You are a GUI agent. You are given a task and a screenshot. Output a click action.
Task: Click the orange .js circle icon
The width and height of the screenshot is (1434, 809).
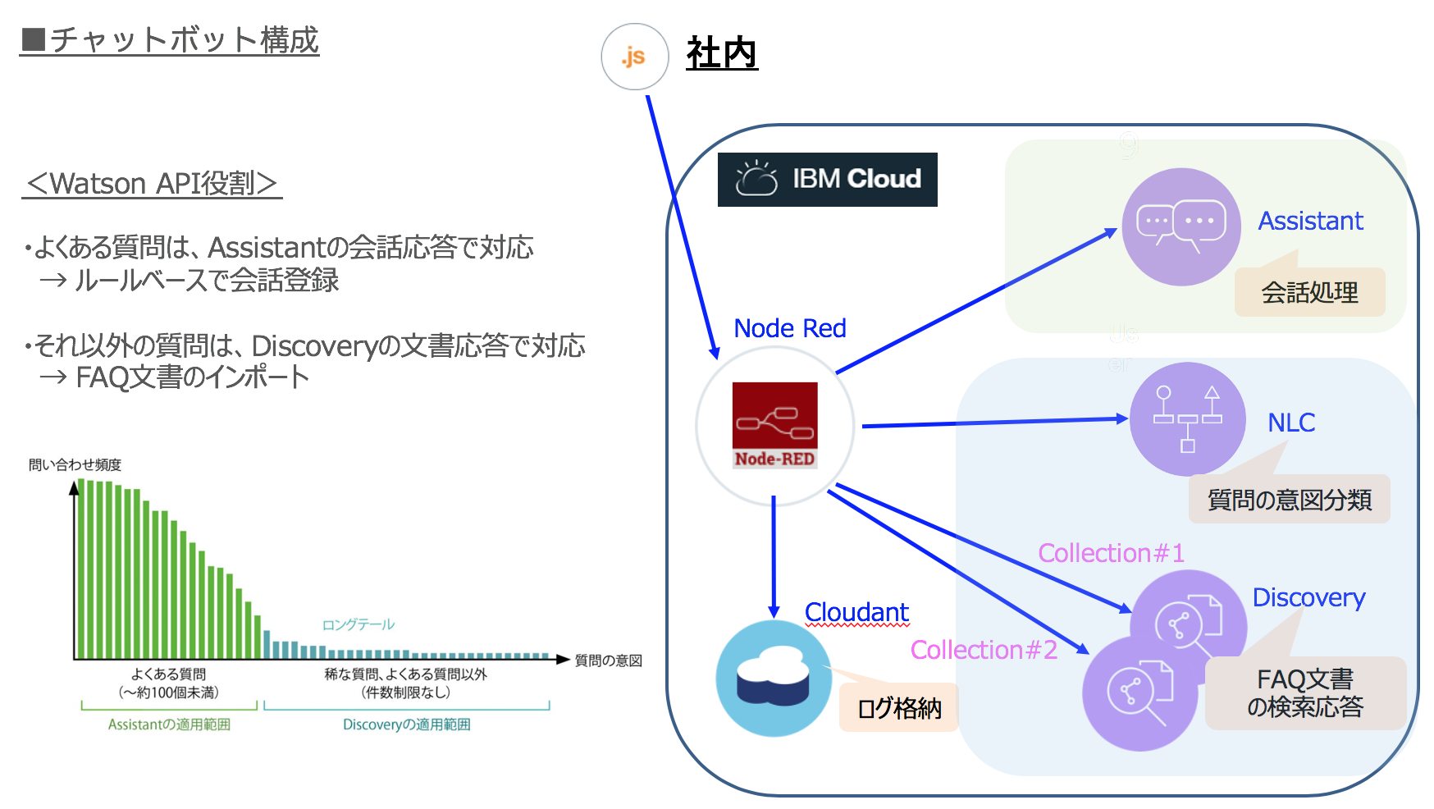tap(634, 57)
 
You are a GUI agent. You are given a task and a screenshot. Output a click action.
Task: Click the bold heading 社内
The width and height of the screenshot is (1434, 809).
tap(721, 54)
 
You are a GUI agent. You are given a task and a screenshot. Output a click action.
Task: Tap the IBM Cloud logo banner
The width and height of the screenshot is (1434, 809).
tap(827, 179)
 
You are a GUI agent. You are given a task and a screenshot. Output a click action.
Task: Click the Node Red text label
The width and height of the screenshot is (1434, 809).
tap(789, 328)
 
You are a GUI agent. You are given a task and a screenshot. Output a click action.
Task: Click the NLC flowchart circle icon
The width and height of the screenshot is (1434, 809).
tap(1186, 418)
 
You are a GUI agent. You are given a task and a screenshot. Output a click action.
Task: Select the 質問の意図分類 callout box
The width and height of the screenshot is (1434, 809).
tap(1289, 499)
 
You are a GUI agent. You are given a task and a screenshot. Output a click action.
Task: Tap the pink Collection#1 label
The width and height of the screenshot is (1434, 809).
tap(1111, 553)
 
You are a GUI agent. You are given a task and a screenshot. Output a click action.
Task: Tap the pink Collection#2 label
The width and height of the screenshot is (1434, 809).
tap(983, 650)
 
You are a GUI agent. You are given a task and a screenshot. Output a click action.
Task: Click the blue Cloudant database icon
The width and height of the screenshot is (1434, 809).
tap(773, 678)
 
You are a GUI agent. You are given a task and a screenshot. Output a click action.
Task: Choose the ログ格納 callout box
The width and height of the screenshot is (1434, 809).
tap(898, 707)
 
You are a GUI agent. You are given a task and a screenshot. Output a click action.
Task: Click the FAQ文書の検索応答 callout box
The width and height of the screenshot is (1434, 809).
tap(1304, 693)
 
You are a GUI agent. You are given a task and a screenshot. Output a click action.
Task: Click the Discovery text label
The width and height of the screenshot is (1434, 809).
tap(1308, 597)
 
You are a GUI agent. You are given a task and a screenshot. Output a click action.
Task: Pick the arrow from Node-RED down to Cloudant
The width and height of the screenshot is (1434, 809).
tap(774, 558)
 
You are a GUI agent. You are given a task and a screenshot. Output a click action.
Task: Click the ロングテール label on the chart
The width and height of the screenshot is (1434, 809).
tap(358, 625)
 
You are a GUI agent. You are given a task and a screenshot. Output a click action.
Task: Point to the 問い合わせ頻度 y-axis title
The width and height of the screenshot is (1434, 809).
tap(75, 465)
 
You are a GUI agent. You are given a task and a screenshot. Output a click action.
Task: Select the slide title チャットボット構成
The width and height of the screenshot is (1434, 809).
tap(171, 39)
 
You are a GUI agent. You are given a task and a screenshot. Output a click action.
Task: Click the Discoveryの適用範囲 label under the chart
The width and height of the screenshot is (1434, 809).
tap(406, 724)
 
